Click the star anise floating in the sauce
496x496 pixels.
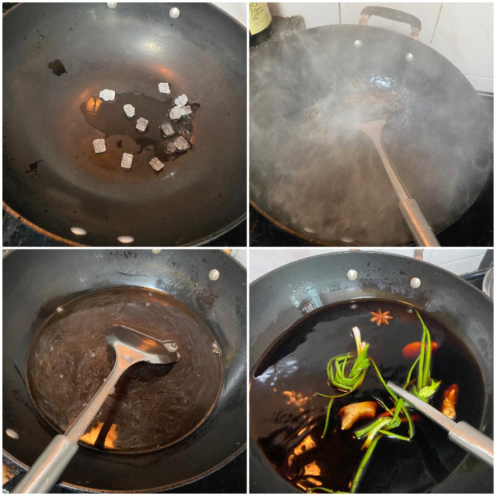click(382, 317)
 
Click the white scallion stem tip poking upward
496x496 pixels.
click(356, 333)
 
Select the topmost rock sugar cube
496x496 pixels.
click(164, 88)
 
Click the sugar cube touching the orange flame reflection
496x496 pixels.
click(107, 95)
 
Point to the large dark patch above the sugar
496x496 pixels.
click(57, 67)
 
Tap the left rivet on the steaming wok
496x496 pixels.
click(358, 44)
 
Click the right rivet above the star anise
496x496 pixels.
click(415, 282)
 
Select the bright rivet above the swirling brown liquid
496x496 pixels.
click(214, 274)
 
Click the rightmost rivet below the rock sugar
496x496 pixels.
click(125, 239)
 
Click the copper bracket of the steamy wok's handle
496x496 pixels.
click(365, 18)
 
